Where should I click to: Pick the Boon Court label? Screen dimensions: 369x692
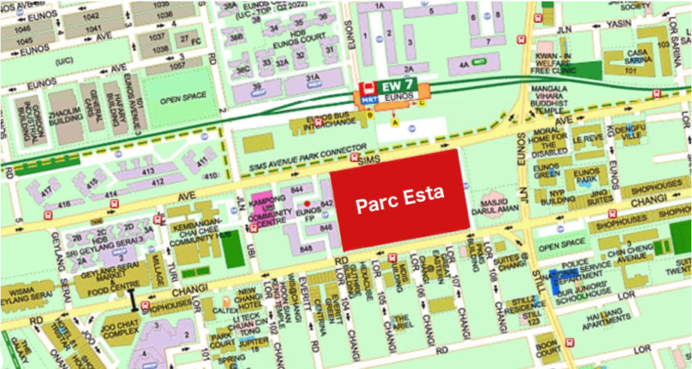tap(545, 349)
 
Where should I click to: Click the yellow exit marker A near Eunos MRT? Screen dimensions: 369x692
tap(395, 122)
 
